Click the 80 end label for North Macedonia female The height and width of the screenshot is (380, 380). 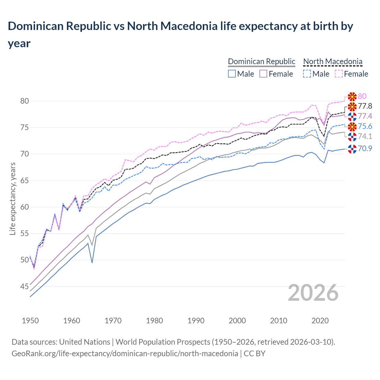362,96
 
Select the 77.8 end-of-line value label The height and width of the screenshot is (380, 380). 365,106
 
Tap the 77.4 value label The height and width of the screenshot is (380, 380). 365,116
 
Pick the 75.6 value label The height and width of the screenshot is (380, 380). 365,126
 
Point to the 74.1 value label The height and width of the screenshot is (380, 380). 365,136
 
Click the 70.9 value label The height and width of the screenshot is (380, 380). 365,148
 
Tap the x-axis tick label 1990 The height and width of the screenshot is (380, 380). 196,321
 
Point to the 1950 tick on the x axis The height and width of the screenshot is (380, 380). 30,321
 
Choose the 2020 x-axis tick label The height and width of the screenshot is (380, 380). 320,321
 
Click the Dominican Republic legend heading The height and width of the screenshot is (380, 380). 262,61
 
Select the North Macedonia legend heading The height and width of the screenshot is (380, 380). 332,61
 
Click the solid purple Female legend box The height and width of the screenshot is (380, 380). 263,74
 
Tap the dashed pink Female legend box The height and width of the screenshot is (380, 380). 338,74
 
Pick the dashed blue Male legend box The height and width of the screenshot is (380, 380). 307,74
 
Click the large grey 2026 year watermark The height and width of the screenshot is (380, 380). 313,293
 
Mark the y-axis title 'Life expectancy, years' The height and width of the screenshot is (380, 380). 12,199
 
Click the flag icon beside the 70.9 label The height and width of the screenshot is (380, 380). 352,149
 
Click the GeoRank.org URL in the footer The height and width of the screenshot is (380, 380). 125,354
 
